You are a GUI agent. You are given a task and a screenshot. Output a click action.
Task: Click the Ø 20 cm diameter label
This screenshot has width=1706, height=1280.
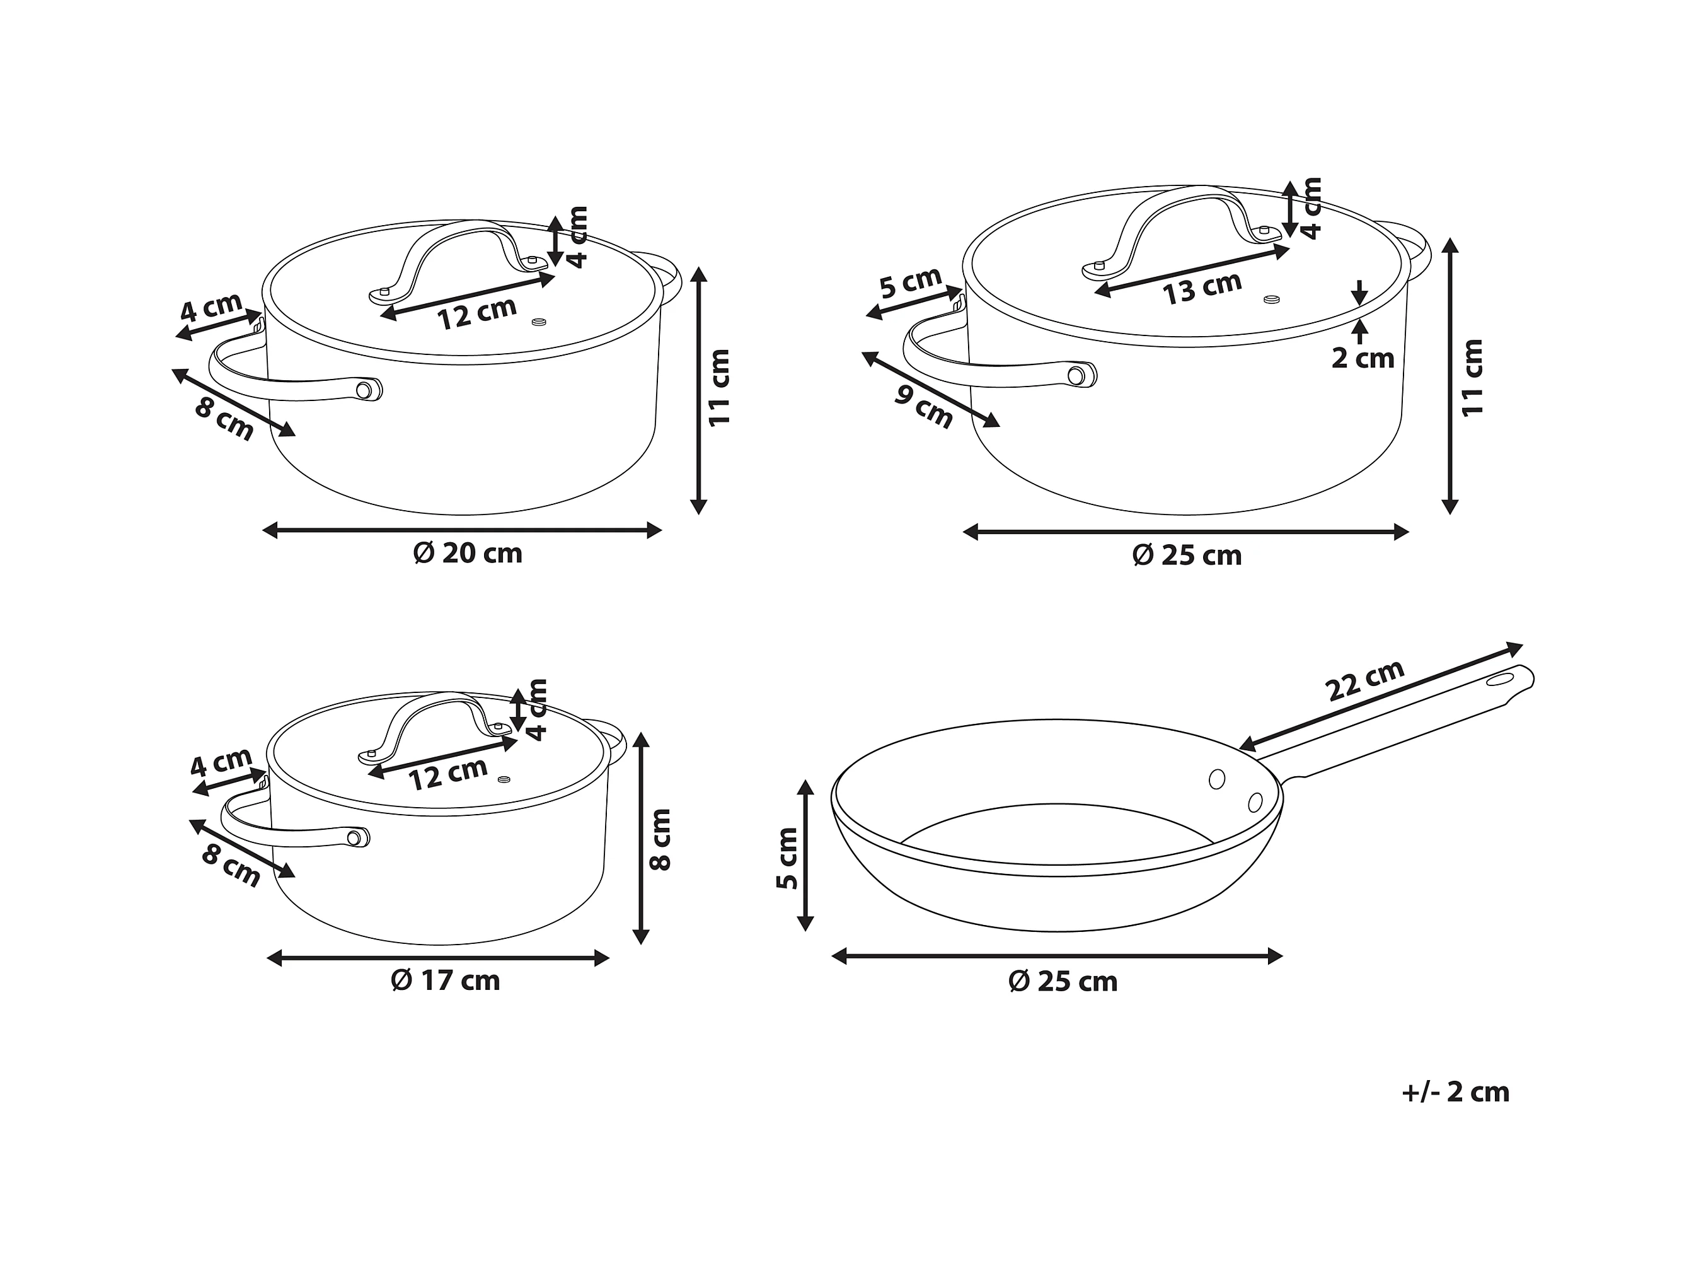pos(468,554)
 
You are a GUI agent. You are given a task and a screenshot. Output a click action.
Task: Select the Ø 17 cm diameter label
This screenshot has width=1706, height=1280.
pos(446,980)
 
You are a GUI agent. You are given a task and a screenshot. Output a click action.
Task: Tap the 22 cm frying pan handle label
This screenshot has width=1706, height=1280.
pos(1364,680)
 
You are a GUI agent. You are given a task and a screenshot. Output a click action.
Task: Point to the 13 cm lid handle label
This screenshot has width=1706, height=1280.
pos(1202,288)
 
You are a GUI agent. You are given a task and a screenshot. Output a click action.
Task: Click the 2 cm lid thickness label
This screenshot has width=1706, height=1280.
pos(1363,359)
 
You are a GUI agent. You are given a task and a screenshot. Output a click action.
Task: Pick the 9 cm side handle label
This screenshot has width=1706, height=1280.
pos(924,406)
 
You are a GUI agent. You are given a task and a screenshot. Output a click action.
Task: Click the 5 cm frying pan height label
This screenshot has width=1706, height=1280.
pos(787,858)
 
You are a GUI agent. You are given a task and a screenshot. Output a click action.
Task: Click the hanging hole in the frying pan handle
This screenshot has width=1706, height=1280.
pos(1500,680)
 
